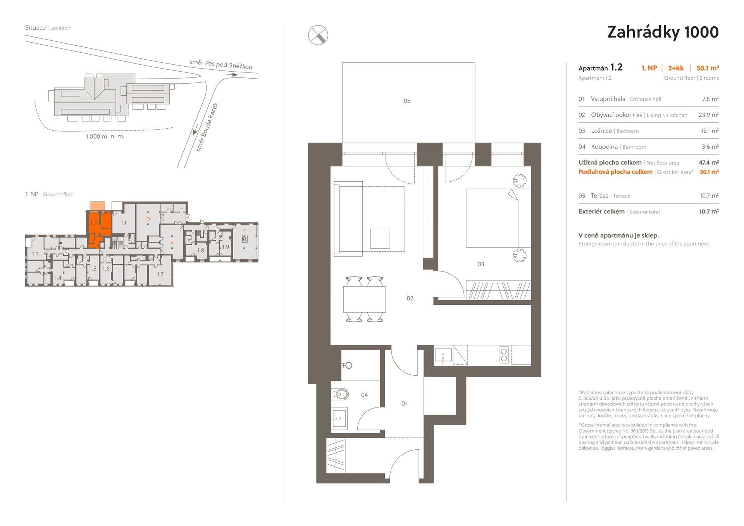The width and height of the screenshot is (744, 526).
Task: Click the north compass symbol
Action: (x=318, y=35)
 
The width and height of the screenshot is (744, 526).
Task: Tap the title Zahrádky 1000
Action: (x=663, y=32)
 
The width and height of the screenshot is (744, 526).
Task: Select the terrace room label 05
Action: (x=407, y=101)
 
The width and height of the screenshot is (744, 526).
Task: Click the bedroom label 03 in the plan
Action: (x=480, y=264)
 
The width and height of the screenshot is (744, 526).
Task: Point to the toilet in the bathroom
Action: (x=341, y=394)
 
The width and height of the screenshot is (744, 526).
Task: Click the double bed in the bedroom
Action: (x=492, y=218)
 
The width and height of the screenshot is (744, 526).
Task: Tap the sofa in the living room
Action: (x=348, y=219)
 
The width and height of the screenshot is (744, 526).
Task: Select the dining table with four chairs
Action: (x=364, y=299)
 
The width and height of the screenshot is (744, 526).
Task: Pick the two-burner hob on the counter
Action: (x=504, y=355)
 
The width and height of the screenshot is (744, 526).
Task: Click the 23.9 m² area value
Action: (x=709, y=115)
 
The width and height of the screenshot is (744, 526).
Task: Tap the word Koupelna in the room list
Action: (x=604, y=147)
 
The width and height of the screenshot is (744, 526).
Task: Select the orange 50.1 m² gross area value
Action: (x=709, y=172)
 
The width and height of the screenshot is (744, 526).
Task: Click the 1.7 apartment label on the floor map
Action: (x=160, y=274)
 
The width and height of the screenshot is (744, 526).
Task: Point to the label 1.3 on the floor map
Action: (x=35, y=254)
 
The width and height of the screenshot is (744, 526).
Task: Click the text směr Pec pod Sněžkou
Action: (x=221, y=64)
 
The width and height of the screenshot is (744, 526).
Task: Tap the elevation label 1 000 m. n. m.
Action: (x=105, y=137)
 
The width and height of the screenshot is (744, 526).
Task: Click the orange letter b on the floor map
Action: (x=148, y=218)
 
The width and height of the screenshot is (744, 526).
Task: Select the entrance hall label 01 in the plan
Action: (x=404, y=404)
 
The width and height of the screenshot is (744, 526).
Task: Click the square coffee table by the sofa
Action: (x=380, y=239)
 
